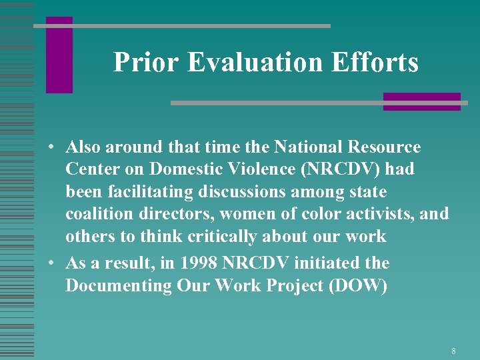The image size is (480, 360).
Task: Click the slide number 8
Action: [x=453, y=351]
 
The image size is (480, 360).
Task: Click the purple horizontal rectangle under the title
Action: [x=421, y=101]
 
